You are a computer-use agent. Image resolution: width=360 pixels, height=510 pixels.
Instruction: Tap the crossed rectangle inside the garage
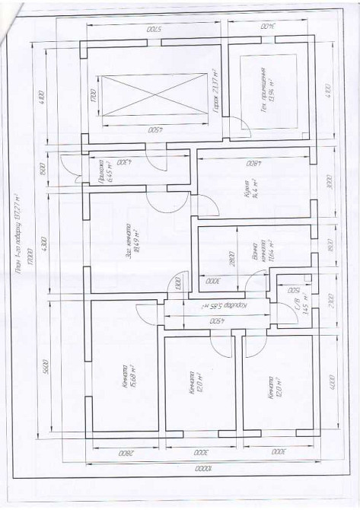pos(153,95)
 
